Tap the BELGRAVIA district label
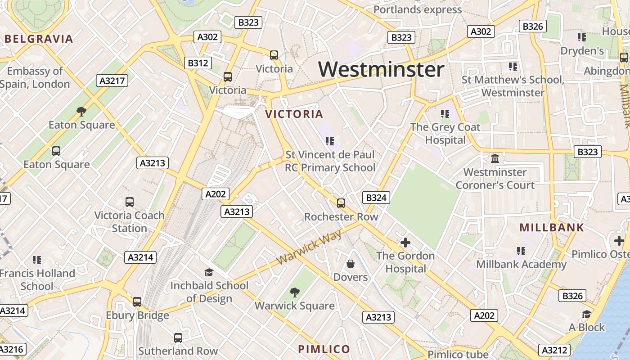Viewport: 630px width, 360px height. click(39, 39)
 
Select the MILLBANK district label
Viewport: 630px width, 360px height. click(552, 227)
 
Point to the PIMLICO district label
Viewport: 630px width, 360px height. click(324, 349)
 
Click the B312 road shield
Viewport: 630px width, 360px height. click(198, 63)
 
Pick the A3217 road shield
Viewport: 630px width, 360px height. click(112, 81)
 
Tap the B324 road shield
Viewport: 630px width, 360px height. click(376, 197)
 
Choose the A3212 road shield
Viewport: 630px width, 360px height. click(555, 350)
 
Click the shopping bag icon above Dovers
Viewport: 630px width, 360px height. click(351, 263)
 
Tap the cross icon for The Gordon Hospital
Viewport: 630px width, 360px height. click(405, 243)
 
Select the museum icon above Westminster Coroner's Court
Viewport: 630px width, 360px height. click(495, 159)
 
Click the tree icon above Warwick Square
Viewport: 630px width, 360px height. click(295, 292)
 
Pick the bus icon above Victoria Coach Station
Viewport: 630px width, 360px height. click(130, 202)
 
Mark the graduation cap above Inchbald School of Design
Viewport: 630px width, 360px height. click(209, 272)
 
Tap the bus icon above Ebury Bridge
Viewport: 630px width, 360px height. click(137, 301)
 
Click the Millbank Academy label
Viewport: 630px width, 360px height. click(521, 264)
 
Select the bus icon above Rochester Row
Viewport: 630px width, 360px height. click(341, 203)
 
